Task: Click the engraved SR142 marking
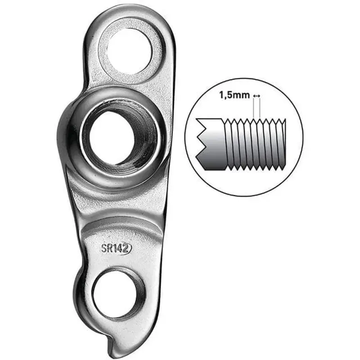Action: coord(116,248)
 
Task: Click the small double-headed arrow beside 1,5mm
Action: coord(256,96)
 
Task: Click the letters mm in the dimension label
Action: coord(243,96)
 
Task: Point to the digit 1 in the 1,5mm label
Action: coord(221,96)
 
